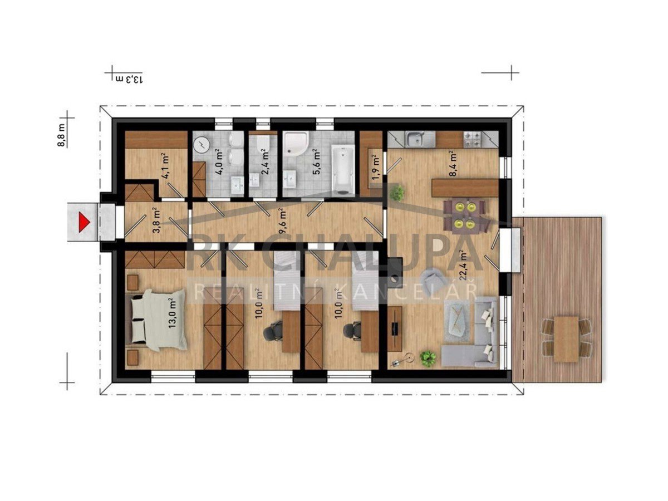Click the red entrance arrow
click(84, 222)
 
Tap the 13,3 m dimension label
click(129, 80)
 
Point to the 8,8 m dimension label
click(61, 135)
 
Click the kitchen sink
click(416, 139)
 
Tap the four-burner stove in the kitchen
click(472, 139)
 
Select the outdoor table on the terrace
click(566, 339)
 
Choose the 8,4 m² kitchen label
click(453, 163)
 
